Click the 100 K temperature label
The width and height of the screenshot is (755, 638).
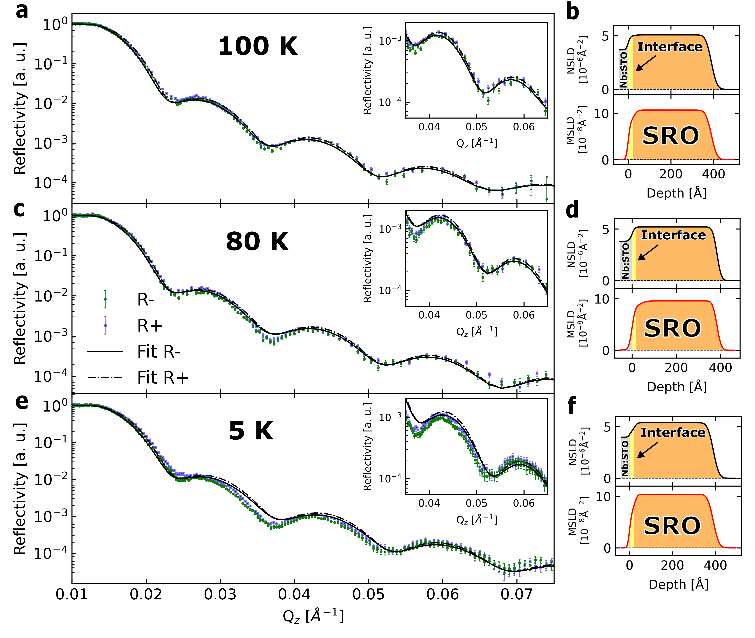258,46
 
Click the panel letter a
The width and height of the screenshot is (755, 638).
22,11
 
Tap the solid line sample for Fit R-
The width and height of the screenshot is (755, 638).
105,351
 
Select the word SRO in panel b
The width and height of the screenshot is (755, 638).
670,136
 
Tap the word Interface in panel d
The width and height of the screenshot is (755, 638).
673,235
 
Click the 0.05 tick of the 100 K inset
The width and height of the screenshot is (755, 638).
477,127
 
